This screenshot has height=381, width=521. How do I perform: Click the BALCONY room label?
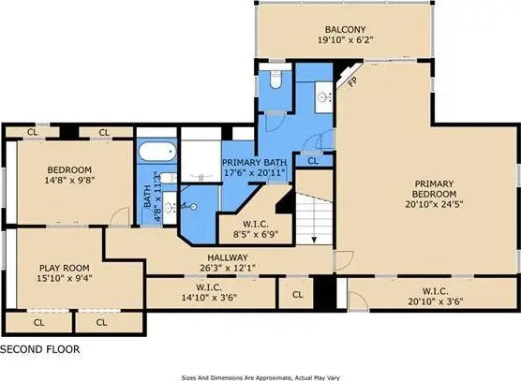345,30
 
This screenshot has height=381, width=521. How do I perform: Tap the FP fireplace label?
352,81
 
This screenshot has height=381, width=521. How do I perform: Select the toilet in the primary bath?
275,80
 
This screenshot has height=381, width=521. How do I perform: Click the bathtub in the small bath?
157,152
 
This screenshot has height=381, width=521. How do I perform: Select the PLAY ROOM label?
65,268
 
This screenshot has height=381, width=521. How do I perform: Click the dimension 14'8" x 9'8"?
69,181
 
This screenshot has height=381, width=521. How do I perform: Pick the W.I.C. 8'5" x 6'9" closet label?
256,229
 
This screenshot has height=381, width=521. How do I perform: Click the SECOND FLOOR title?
40,349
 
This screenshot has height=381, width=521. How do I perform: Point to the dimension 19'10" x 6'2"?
346,40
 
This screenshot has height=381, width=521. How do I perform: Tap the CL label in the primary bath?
313,161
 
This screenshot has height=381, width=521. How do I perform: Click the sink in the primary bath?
323,97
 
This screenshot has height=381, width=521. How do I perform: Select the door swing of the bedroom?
119,216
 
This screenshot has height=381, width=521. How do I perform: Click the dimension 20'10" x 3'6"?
436,301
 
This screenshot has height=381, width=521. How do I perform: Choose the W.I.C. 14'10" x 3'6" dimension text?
209,298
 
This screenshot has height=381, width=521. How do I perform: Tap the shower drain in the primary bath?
193,207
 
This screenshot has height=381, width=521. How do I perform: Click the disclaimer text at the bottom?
260,377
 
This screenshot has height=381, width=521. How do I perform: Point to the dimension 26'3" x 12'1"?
228,268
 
